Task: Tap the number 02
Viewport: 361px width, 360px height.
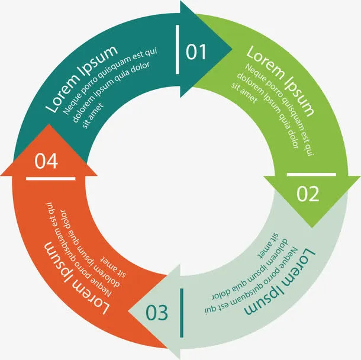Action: click(308, 194)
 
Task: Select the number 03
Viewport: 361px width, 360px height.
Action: click(157, 312)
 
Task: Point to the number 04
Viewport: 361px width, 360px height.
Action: click(47, 160)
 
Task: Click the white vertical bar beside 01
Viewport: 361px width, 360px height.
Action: click(178, 50)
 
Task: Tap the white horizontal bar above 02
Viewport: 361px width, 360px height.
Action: click(311, 175)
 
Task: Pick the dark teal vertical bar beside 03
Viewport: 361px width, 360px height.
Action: click(181, 304)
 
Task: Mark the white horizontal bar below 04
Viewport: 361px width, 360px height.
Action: click(50, 178)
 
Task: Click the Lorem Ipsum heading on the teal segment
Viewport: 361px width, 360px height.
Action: click(81, 78)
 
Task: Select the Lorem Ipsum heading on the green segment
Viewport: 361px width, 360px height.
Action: click(281, 79)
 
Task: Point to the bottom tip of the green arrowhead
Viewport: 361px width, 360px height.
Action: click(312, 227)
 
